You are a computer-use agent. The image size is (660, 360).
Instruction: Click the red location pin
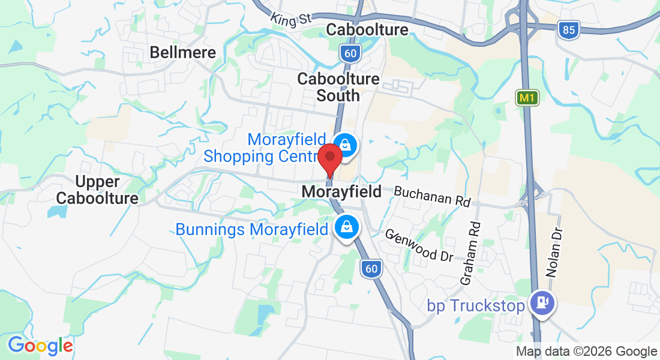coord(329,158)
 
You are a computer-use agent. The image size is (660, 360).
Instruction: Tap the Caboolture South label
coord(338,87)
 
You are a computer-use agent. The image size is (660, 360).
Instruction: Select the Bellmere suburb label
coord(182,52)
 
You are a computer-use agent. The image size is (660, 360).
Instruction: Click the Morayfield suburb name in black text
coord(341,192)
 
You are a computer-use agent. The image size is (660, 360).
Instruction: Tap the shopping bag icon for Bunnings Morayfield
coord(346,227)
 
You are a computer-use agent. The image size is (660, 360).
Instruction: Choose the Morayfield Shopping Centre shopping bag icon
coord(346,145)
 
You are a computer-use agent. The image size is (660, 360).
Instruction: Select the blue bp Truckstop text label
coord(476,305)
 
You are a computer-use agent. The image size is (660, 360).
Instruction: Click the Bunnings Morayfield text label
coord(251,229)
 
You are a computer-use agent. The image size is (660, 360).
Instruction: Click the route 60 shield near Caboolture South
coord(349,54)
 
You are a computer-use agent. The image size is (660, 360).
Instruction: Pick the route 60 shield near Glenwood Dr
coord(371,269)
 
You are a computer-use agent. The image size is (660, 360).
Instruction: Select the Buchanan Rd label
coord(432,196)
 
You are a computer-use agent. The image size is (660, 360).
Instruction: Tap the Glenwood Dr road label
coord(419,245)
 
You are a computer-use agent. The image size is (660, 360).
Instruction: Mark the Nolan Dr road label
coord(554,251)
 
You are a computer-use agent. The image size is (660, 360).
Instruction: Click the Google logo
coord(40,346)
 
